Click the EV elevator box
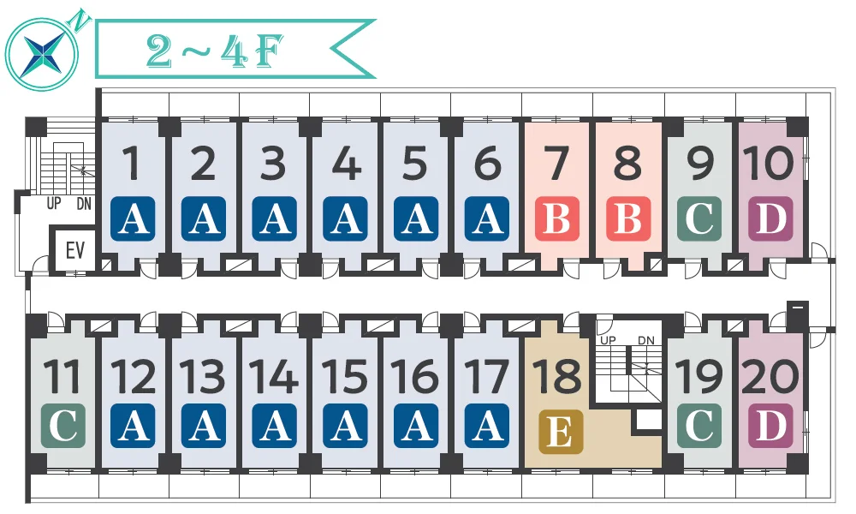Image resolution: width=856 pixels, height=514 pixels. click(x=74, y=250)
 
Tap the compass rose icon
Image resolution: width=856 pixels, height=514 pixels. click(x=42, y=53)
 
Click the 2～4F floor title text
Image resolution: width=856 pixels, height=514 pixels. click(x=215, y=51)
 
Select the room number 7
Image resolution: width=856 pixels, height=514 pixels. click(x=557, y=163)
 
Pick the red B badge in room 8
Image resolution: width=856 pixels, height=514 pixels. click(x=628, y=218)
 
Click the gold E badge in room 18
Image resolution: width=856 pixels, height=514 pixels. click(x=560, y=432)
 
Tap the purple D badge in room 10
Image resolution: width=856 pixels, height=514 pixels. click(x=770, y=218)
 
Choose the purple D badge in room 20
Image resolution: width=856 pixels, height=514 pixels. click(x=770, y=426)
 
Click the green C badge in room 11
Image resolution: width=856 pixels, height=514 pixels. click(x=63, y=426)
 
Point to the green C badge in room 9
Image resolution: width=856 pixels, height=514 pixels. click(x=699, y=218)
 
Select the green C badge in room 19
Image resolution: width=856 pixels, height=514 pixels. click(x=699, y=426)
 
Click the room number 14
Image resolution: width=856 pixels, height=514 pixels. click(x=274, y=376)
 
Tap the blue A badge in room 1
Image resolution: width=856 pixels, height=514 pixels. click(x=133, y=218)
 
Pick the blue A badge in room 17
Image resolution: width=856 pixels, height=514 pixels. click(x=487, y=426)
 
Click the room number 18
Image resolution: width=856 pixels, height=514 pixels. click(x=557, y=376)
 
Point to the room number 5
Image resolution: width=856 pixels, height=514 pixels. click(x=415, y=163)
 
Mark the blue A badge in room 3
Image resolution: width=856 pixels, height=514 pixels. click(x=275, y=218)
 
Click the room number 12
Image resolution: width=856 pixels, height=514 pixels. click(x=134, y=376)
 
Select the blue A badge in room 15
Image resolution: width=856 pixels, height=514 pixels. click(x=345, y=426)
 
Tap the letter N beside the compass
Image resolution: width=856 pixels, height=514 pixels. click(x=80, y=20)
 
